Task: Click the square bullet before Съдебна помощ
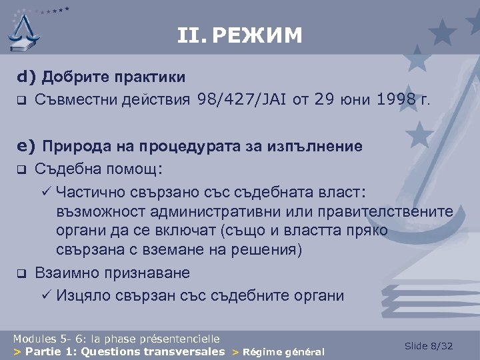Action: [21, 169]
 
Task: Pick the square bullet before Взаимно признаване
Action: [21, 273]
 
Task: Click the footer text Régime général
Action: [284, 352]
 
